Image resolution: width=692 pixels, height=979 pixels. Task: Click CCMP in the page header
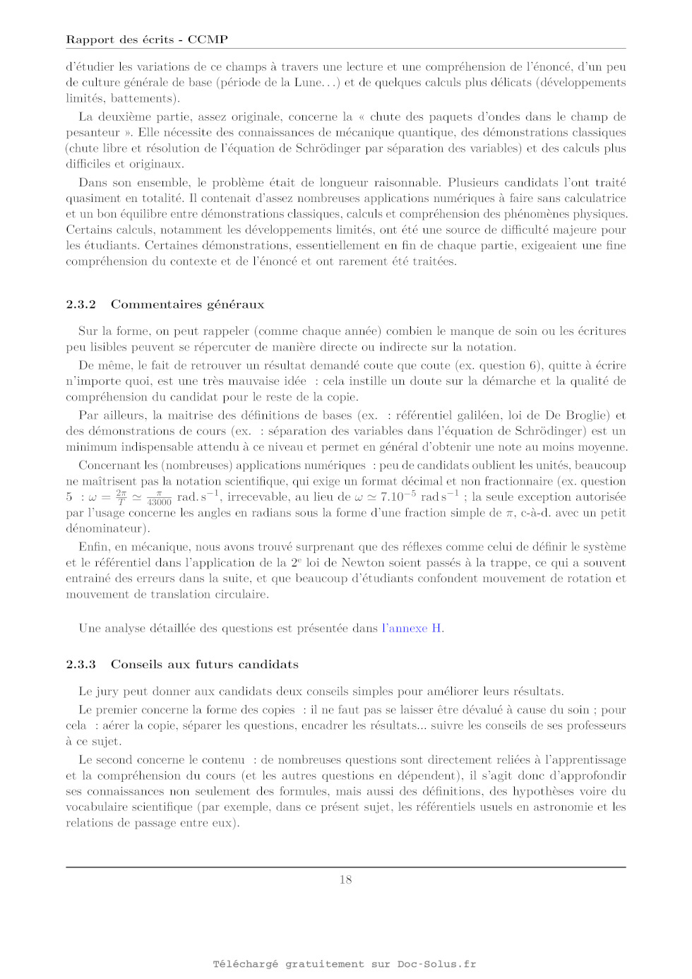coord(208,40)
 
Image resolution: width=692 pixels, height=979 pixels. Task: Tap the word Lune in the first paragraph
coord(308,83)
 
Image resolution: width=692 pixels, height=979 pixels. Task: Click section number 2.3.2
coord(80,304)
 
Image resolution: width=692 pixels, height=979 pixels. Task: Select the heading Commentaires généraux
coord(187,304)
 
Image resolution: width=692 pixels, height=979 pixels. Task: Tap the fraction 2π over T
coord(121,497)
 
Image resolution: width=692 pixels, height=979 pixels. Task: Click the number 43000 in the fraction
coord(160,502)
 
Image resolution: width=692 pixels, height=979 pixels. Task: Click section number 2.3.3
coord(80,665)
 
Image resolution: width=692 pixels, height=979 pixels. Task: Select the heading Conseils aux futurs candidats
coord(205,665)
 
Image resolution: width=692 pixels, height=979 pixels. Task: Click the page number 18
coord(345,879)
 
